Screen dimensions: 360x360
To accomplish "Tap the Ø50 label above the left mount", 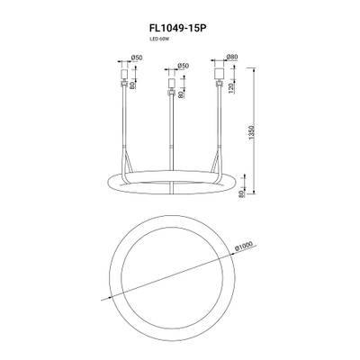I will click(x=137, y=59).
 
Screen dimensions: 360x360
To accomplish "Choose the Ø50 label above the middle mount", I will click(x=183, y=66).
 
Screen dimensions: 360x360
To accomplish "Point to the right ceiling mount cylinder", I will click(x=219, y=70).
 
